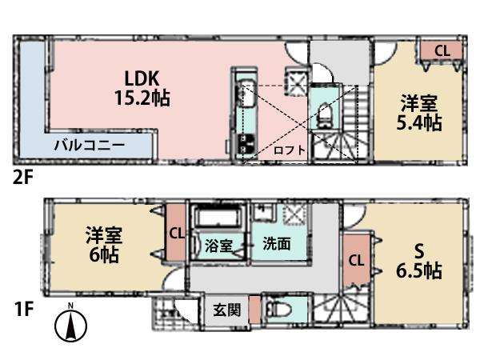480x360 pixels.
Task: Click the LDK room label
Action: tap(143, 78)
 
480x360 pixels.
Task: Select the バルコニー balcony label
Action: tap(89, 146)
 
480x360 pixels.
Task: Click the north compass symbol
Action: tap(71, 326)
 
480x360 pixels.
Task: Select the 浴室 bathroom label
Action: tap(218, 246)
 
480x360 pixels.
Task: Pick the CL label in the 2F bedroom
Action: tap(442, 50)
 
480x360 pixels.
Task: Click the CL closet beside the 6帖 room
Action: tap(176, 234)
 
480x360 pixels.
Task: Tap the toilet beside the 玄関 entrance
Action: tap(279, 310)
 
